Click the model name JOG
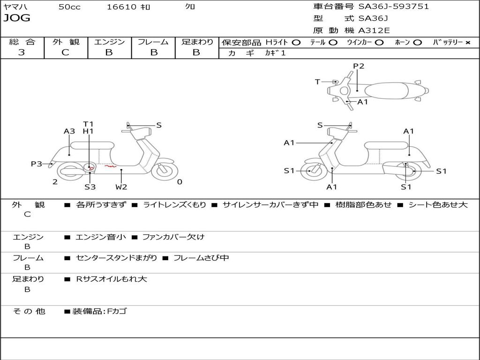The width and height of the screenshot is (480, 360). click(17, 18)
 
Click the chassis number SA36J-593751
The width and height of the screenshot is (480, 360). click(393, 7)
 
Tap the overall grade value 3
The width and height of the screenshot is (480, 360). click(22, 52)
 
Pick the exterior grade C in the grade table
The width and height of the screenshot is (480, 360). click(65, 52)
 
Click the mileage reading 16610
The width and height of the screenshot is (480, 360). click(121, 7)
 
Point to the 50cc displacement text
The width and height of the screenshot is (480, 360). click(69, 7)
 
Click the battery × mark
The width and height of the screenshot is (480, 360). click(467, 42)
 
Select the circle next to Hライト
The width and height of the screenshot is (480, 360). click(296, 42)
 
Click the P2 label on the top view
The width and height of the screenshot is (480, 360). click(359, 66)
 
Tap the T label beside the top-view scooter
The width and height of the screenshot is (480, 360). click(317, 82)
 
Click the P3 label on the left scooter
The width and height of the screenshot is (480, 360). click(37, 164)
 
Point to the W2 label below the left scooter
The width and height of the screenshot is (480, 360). click(121, 187)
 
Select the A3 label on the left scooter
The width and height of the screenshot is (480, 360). click(69, 132)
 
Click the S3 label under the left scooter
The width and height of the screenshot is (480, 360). click(90, 187)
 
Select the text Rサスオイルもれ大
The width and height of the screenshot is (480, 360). click(112, 279)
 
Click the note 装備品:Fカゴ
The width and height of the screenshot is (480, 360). click(99, 311)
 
